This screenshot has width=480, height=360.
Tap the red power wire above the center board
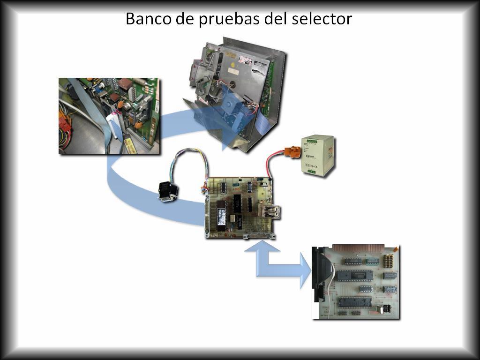click(273, 164)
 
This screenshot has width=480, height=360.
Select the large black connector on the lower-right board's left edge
click(320, 274)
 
